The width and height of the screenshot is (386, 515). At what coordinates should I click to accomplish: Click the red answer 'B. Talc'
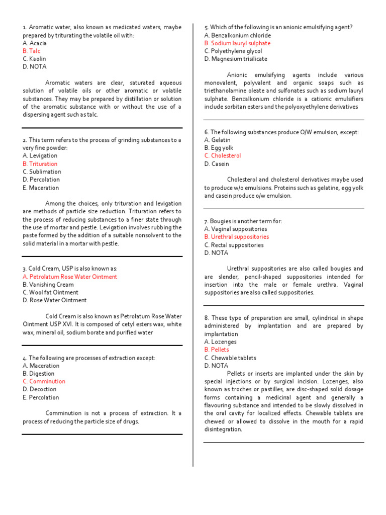pyautogui.click(x=31, y=51)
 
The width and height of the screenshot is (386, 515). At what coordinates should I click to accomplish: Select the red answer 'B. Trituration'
pyautogui.click(x=40, y=163)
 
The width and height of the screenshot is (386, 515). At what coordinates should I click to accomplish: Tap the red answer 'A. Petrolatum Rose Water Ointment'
pyautogui.click(x=70, y=277)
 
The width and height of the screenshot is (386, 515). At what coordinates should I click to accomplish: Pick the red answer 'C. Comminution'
pyautogui.click(x=44, y=381)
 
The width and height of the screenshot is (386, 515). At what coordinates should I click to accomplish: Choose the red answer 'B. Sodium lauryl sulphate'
pyautogui.click(x=237, y=43)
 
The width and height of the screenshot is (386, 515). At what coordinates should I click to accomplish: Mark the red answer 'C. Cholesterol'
pyautogui.click(x=223, y=155)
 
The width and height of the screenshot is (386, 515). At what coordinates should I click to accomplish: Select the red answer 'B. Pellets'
pyautogui.click(x=217, y=350)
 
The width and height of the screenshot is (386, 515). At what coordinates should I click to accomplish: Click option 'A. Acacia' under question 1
pyautogui.click(x=35, y=43)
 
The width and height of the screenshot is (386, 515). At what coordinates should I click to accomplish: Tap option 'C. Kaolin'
pyautogui.click(x=34, y=59)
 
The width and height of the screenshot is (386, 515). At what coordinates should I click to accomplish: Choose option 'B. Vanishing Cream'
pyautogui.click(x=48, y=284)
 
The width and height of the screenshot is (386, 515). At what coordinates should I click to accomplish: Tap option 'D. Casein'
pyautogui.click(x=217, y=163)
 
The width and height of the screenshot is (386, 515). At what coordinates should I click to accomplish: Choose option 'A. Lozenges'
pyautogui.click(x=220, y=342)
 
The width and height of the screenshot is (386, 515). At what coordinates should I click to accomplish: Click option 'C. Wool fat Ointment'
pyautogui.click(x=50, y=292)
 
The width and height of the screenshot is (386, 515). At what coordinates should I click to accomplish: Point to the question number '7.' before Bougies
pyautogui.click(x=206, y=221)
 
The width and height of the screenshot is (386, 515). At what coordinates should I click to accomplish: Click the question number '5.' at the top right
pyautogui.click(x=206, y=27)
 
